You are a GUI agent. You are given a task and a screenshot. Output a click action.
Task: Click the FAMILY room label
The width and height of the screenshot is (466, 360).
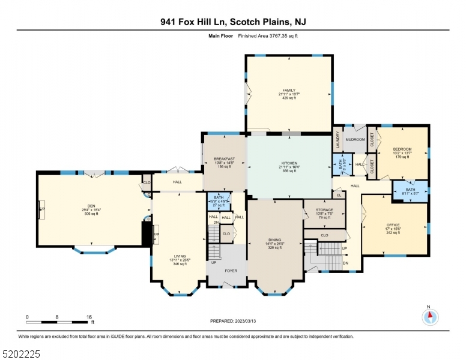click(x=289, y=90)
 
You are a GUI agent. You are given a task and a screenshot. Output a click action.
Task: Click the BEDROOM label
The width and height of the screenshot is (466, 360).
click(x=402, y=149)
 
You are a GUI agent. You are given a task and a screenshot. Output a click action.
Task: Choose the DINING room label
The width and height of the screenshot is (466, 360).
click(x=274, y=239)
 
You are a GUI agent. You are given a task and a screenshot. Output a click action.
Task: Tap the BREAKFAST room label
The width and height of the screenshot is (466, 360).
click(x=225, y=159)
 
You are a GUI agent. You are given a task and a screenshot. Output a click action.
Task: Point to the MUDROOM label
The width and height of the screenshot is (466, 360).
click(x=355, y=140)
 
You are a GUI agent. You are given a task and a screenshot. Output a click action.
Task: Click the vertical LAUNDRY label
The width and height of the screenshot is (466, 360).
click(x=338, y=140)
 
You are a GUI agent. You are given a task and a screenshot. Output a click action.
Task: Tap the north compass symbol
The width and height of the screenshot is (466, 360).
click(x=429, y=317)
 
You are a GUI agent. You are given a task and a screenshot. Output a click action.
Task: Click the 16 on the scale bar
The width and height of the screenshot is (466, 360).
click(x=88, y=316)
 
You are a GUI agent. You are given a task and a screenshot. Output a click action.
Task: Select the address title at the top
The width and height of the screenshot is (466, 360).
click(x=232, y=22)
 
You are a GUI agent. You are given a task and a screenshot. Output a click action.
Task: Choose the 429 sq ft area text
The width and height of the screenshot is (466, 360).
click(x=289, y=98)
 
